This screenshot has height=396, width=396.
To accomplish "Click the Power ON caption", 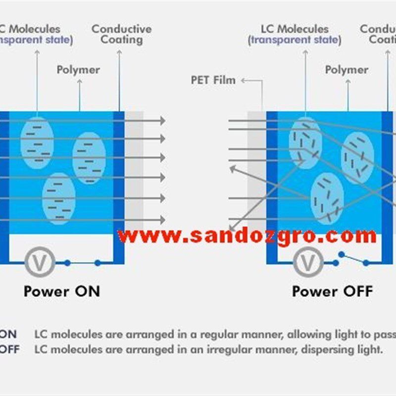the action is (61, 291).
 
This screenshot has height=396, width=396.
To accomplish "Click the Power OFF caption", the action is (332, 291).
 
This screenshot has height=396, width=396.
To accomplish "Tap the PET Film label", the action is (213, 80).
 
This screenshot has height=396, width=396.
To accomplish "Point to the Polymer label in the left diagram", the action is (78, 70).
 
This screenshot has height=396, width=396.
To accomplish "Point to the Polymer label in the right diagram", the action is (346, 70).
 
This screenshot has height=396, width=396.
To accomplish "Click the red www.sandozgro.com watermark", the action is (247, 236).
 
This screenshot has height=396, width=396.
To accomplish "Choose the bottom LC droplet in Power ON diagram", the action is (58, 198).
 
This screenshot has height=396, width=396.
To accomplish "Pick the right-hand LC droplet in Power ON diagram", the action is (89, 158).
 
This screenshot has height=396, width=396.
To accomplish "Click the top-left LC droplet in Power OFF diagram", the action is (305, 143).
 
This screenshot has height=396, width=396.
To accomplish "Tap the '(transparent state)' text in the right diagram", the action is (295, 40).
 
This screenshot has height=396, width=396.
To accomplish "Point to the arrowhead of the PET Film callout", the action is (244, 80).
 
